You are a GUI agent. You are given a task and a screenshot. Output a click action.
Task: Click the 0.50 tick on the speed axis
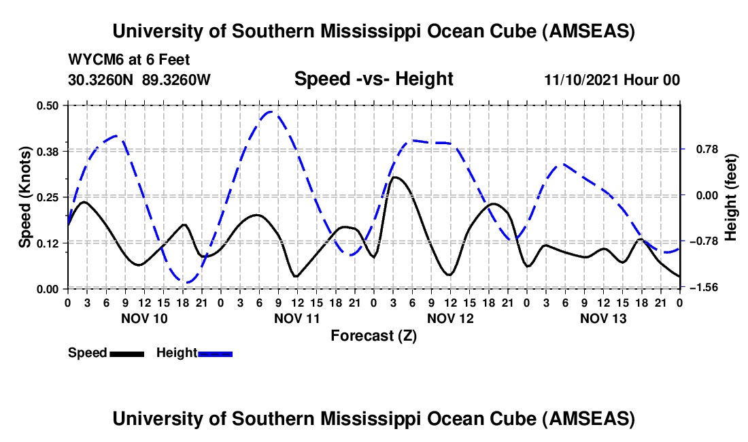point(50,105)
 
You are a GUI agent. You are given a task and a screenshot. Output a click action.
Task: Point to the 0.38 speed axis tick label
point(50,151)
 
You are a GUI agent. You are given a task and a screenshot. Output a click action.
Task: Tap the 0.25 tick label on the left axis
point(50,197)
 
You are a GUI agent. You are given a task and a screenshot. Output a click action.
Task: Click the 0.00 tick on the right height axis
point(698,196)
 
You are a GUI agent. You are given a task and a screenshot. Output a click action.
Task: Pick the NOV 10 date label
point(144,318)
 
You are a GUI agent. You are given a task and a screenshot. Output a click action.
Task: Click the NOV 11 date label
point(297,318)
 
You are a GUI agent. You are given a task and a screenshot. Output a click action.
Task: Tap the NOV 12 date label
point(450,318)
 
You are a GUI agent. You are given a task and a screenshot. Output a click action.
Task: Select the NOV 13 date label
point(603,318)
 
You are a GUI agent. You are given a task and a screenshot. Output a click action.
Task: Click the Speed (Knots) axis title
point(24,197)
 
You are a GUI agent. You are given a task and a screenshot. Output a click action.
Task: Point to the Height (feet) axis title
point(731,197)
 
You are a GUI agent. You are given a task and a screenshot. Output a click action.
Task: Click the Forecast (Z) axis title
point(373,335)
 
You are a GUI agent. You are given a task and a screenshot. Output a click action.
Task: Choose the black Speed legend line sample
point(126,353)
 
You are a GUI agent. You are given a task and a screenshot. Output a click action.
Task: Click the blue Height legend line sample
point(215,353)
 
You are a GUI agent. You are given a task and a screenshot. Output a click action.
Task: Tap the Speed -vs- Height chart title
point(373,80)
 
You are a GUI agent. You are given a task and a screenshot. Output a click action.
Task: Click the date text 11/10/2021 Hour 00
point(611,80)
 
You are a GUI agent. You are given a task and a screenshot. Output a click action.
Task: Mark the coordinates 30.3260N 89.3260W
point(139,80)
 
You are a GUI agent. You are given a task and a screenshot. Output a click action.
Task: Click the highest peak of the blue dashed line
point(271,112)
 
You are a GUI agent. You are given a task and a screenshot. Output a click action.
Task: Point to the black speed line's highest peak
point(394,177)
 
